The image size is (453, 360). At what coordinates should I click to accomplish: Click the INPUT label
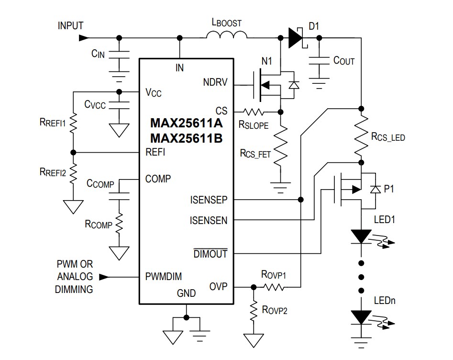pos(71,25)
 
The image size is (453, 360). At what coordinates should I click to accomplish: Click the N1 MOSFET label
pos(266,61)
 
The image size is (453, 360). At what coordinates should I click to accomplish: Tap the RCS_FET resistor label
pos(255,153)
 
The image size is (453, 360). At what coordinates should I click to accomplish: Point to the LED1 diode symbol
pos(361,236)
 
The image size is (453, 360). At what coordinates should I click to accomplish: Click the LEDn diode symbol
pos(361,317)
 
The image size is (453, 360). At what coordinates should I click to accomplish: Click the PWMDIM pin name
pos(164,276)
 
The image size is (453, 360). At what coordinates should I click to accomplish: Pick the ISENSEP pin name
pos(209,200)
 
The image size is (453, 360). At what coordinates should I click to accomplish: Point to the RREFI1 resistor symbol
pos(73,123)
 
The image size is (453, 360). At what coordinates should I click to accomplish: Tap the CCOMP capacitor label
pos(100,183)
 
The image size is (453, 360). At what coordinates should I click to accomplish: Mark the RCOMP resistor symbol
pos(119,223)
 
